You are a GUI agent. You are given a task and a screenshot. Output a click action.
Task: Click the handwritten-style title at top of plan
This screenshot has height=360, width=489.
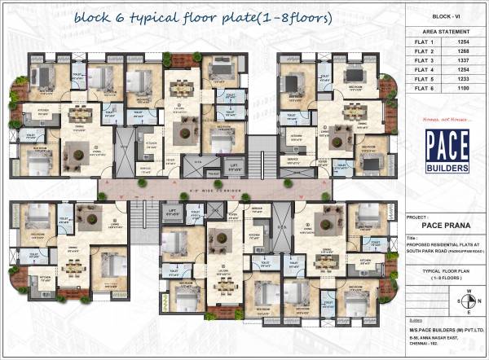point(202,16)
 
